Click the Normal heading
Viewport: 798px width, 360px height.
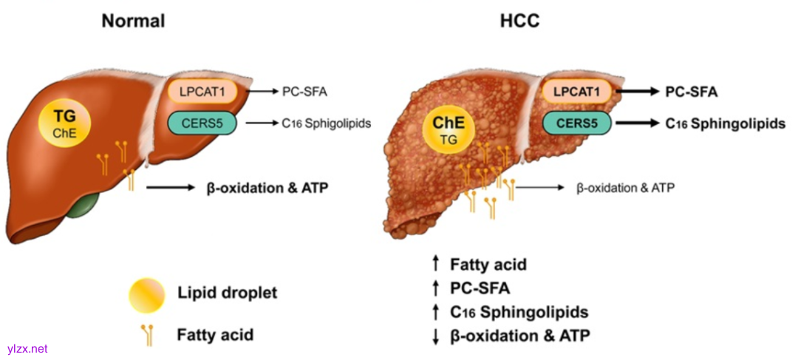click(133, 21)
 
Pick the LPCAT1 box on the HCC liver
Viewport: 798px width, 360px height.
click(576, 92)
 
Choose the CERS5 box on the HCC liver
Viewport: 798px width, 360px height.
click(578, 123)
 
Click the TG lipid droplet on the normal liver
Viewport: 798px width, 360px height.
click(69, 123)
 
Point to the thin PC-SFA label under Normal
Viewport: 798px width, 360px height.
click(304, 92)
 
